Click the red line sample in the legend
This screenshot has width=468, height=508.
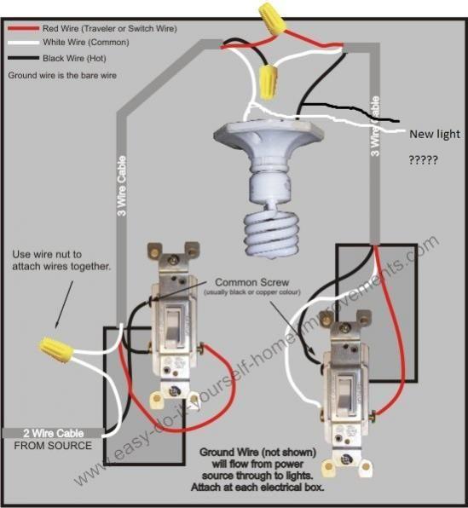click(x=20, y=28)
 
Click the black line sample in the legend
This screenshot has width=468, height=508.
click(x=20, y=57)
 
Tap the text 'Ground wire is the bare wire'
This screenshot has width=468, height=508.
click(x=63, y=75)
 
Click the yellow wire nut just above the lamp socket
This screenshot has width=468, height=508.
click(x=269, y=80)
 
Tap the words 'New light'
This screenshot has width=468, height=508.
click(x=434, y=134)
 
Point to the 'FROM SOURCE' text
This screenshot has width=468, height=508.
click(x=52, y=446)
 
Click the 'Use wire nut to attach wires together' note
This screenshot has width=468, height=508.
click(x=61, y=261)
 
